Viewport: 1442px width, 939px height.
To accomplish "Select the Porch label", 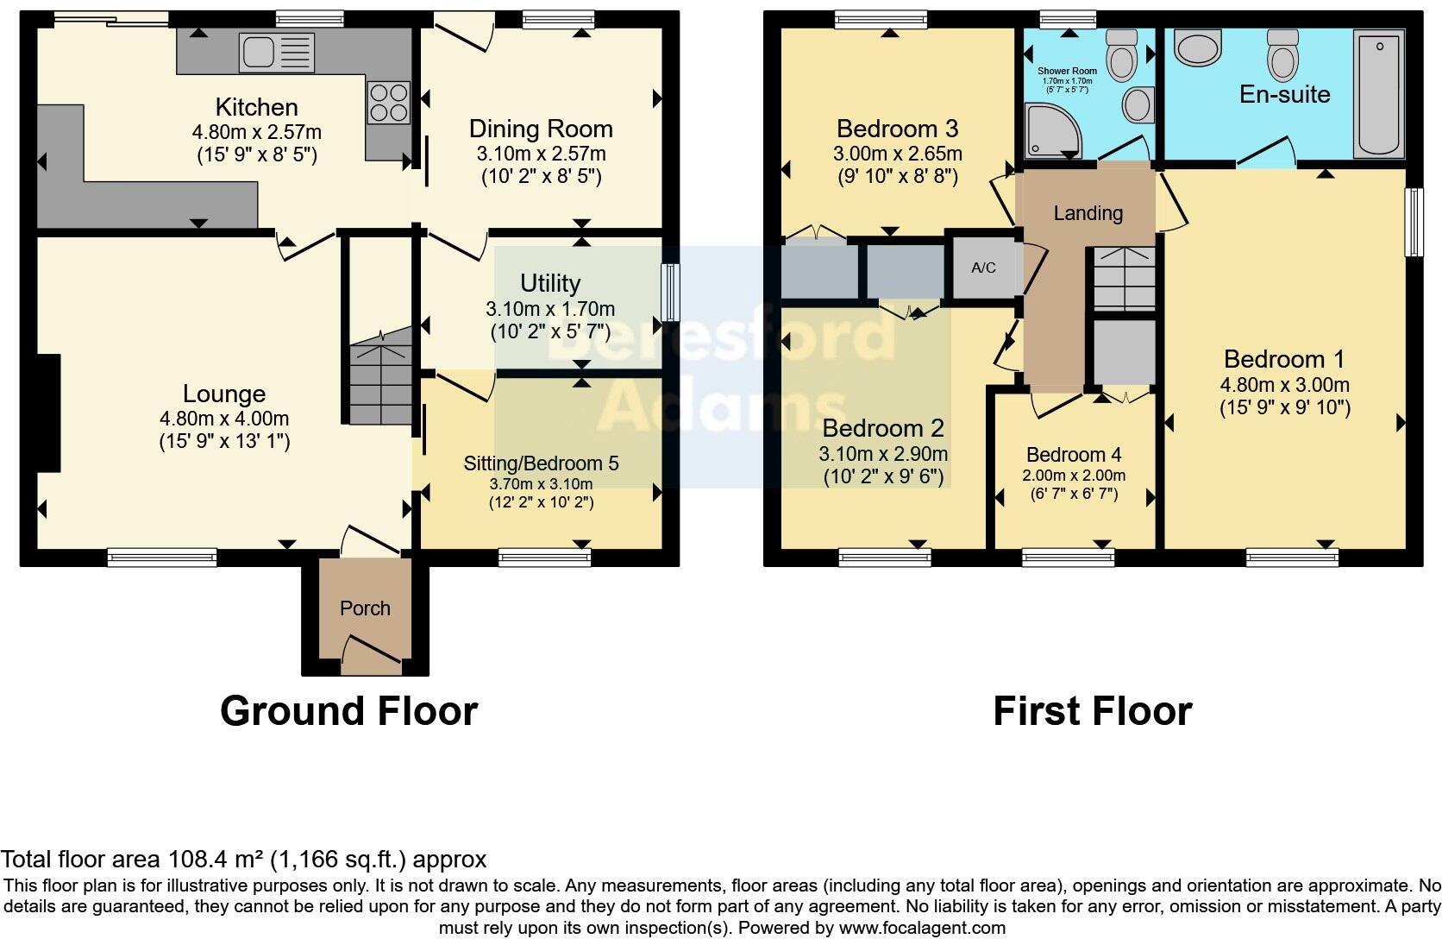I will (365, 608).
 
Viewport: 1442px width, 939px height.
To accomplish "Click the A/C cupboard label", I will (983, 268).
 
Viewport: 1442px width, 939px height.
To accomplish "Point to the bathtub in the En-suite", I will (1379, 95).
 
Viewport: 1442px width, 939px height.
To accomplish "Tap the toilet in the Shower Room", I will (1122, 55).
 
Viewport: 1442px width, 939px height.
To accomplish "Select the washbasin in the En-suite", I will (1199, 49).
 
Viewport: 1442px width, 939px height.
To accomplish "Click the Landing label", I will (1088, 213).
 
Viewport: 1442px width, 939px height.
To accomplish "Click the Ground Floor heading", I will (348, 712).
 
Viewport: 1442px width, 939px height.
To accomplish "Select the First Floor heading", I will (1092, 712).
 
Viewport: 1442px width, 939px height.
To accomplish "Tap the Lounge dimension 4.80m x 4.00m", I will (223, 419).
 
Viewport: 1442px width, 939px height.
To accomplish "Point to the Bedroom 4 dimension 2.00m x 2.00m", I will (1074, 476).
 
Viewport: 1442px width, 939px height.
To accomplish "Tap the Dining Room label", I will (541, 129).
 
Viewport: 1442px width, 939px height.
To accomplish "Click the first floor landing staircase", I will (1124, 278).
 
